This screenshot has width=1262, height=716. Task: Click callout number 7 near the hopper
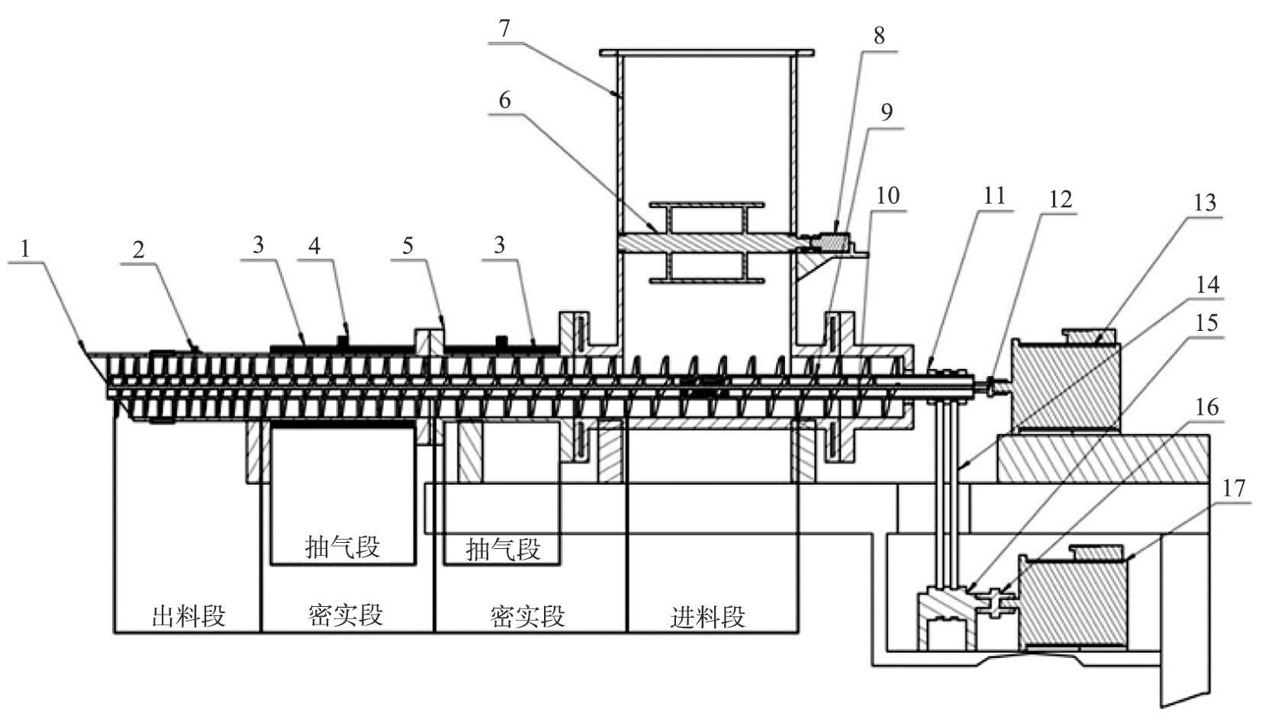(504, 28)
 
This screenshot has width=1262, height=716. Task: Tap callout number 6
(505, 100)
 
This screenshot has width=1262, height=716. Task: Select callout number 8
(880, 36)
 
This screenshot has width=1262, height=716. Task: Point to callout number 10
(888, 195)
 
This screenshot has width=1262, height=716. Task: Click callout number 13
(1205, 202)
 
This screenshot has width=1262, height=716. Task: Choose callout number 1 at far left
(24, 249)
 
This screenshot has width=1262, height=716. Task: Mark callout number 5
(408, 246)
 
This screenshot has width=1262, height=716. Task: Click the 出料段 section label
(188, 616)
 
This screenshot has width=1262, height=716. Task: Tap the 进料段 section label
(707, 617)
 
